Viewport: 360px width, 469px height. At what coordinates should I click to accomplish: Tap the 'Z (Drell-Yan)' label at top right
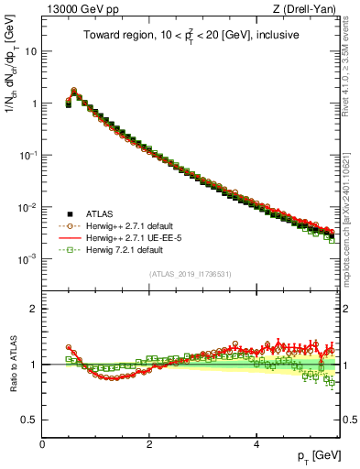coord(307,10)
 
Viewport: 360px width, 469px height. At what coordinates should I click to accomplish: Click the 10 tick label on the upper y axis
coord(30,51)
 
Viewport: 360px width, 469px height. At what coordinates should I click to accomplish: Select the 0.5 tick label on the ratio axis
coord(28,420)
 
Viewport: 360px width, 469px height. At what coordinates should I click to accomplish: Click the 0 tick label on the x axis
coord(42,445)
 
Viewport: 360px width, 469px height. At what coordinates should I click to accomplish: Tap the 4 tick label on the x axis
coord(256,445)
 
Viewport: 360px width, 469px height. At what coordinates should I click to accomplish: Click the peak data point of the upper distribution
coord(74,91)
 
